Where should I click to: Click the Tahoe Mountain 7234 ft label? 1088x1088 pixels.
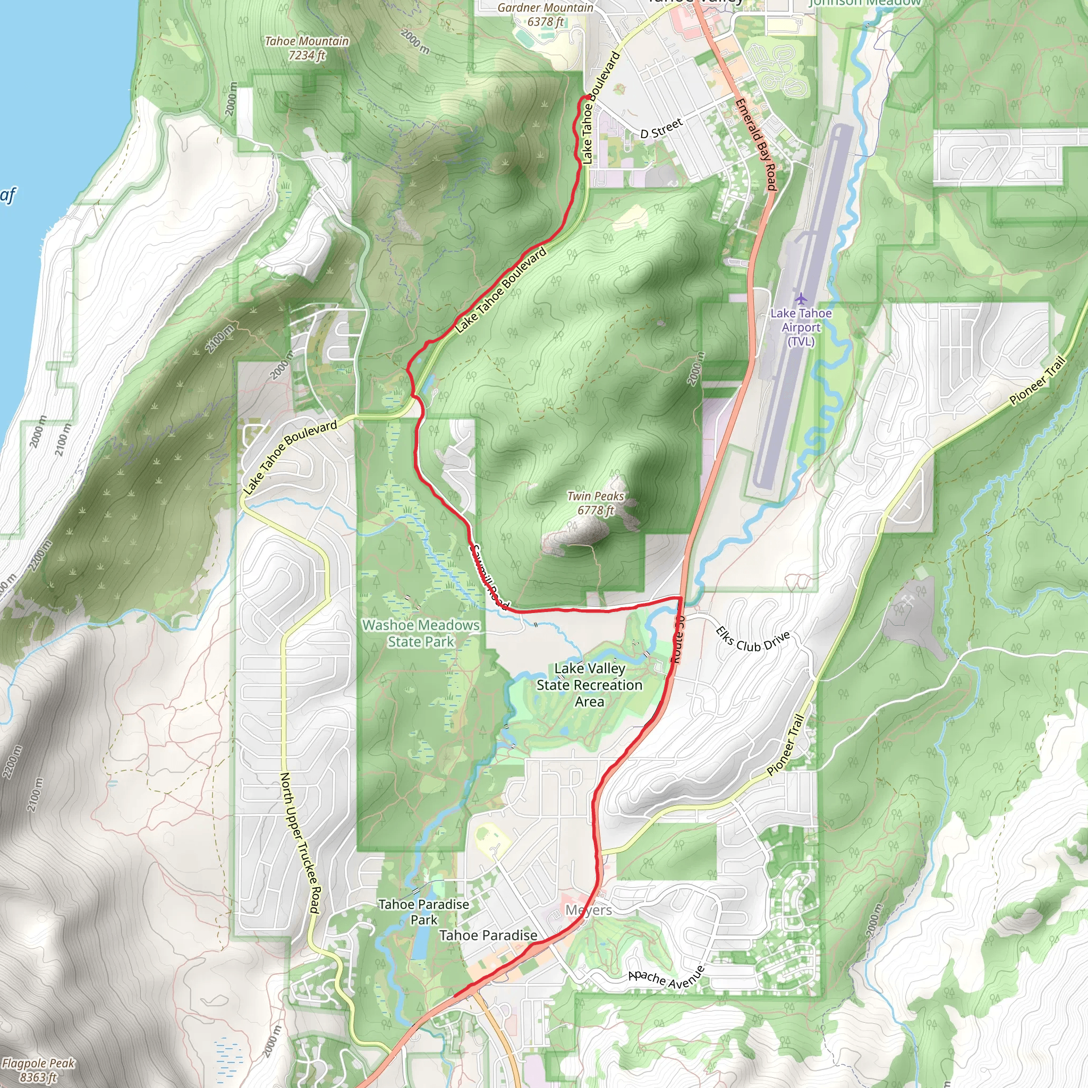(x=307, y=48)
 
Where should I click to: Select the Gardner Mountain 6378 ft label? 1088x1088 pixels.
(x=545, y=15)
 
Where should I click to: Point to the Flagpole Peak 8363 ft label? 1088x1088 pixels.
(x=38, y=1070)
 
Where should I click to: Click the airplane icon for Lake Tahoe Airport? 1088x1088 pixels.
(x=801, y=297)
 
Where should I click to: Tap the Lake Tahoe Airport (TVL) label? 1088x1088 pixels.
(x=801, y=327)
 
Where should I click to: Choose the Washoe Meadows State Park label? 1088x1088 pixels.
(x=421, y=633)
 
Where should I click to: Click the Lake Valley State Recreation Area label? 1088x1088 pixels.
(x=589, y=685)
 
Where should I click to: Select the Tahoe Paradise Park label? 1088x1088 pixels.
(x=423, y=912)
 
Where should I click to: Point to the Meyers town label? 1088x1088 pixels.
(x=589, y=910)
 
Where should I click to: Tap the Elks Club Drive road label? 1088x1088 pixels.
(x=752, y=640)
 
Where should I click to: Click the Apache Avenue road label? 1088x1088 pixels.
(x=666, y=978)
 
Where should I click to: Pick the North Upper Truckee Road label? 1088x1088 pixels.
(x=300, y=843)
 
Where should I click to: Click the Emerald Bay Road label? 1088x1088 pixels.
(x=756, y=144)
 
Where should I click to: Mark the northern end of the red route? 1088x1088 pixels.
(x=588, y=97)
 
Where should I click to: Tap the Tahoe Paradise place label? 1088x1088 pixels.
(x=488, y=936)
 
